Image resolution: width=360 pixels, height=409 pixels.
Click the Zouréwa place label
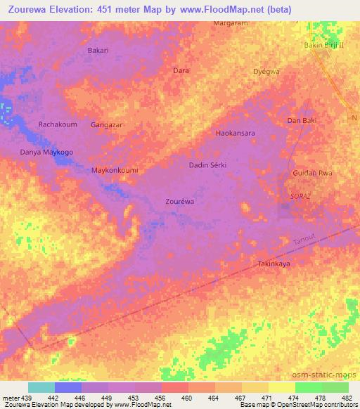[x=179, y=201]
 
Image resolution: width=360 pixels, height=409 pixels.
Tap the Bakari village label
[x=98, y=51]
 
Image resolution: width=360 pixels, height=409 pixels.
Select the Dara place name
[x=181, y=71]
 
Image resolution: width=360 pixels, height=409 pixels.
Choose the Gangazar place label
[x=107, y=125]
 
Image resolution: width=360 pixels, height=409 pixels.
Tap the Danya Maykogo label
[x=46, y=152]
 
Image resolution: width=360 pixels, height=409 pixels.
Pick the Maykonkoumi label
[x=115, y=171]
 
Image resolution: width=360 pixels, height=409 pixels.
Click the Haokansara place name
[x=235, y=133]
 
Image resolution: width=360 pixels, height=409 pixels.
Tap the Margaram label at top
[x=231, y=23]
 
